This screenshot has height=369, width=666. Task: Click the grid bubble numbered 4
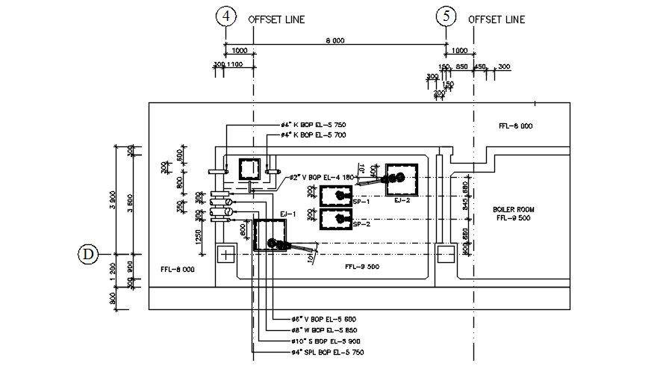pyautogui.click(x=225, y=16)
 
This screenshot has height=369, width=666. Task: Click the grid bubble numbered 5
pyautogui.click(x=446, y=16)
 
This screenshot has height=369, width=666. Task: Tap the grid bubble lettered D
pyautogui.click(x=88, y=255)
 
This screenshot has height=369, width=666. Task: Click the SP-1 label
pyautogui.click(x=362, y=202)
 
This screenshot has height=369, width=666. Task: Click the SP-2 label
pyautogui.click(x=362, y=223)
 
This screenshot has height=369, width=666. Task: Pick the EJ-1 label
pyautogui.click(x=288, y=214)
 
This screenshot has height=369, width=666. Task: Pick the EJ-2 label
pyautogui.click(x=402, y=199)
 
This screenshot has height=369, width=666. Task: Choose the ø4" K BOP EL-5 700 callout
pyautogui.click(x=314, y=134)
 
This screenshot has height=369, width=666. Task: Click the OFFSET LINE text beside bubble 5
pyautogui.click(x=497, y=19)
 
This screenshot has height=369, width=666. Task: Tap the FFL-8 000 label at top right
pyautogui.click(x=515, y=126)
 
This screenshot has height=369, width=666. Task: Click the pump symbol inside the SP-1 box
pyautogui.click(x=341, y=196)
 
